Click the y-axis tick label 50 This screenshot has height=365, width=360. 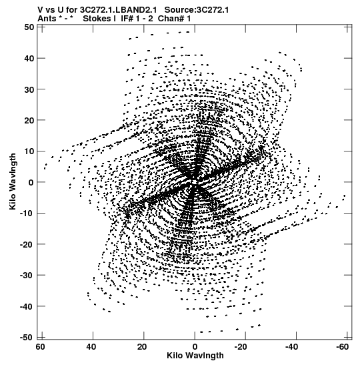(x=29, y=27)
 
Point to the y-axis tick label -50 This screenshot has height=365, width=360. (x=27, y=337)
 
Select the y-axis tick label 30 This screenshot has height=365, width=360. (x=29, y=89)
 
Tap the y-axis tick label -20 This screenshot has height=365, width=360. (x=27, y=244)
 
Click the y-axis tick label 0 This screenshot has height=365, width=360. (x=31, y=182)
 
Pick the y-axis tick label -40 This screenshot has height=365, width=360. (x=27, y=306)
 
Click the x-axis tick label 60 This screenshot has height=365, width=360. (x=40, y=347)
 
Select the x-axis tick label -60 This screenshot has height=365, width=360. (x=342, y=347)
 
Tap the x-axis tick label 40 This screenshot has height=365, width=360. (x=91, y=347)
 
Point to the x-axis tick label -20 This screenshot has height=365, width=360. (x=241, y=347)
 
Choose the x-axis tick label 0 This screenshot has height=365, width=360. (x=195, y=347)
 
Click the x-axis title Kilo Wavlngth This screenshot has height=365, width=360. (x=195, y=356)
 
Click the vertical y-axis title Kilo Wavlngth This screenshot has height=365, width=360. (x=13, y=181)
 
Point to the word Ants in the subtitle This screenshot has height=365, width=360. (x=47, y=18)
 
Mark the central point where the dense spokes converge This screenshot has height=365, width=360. (x=195, y=182)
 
